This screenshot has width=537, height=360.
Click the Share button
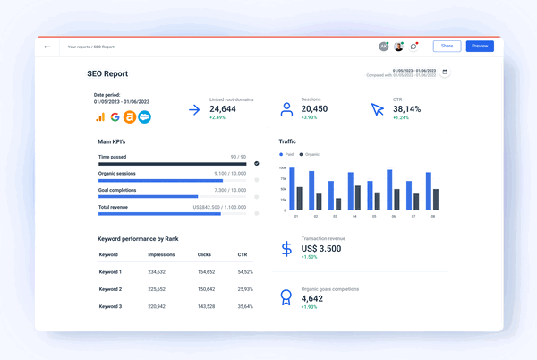(447, 46)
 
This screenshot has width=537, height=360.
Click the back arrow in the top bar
(47, 47)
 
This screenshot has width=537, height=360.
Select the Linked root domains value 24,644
(224, 107)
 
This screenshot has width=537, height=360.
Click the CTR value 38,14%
(413, 107)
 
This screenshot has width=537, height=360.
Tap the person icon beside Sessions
(286, 110)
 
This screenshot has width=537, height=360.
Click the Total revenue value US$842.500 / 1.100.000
(219, 207)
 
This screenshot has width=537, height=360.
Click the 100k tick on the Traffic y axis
(282, 167)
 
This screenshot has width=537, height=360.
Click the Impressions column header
(162, 254)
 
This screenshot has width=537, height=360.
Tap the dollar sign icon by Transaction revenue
(286, 250)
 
